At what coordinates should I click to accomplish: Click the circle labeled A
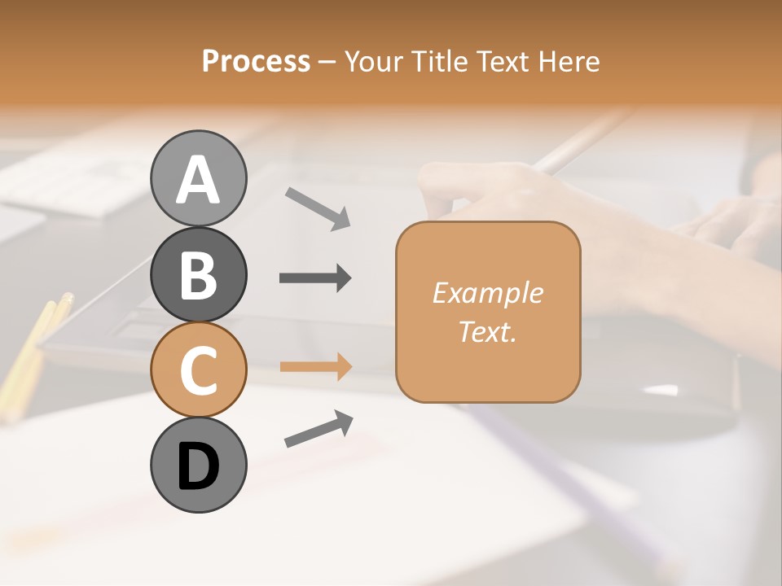pos(199,178)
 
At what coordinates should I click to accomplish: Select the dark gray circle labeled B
pos(199,274)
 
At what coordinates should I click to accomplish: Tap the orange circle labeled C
pos(199,370)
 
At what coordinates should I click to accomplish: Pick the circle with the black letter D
pos(199,466)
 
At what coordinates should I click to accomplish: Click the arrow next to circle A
pos(318,208)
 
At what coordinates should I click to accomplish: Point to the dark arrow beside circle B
pos(315,278)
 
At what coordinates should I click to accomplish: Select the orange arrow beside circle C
pos(315,366)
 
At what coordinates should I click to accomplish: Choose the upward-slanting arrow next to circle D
pos(319,428)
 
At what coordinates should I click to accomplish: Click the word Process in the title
pos(256,62)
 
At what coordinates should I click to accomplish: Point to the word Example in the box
pos(487,293)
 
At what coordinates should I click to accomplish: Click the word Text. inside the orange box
pos(487,331)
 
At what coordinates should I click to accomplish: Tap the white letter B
pos(199,275)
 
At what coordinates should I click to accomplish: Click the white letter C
pos(199,370)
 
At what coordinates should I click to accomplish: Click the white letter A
pos(199,179)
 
